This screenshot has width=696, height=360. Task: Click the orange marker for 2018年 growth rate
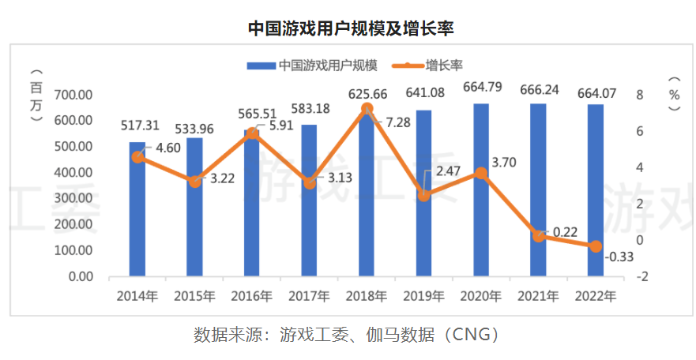tap(367, 109)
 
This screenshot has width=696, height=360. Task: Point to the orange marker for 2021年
tap(539, 236)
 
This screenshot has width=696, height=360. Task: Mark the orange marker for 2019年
tap(424, 195)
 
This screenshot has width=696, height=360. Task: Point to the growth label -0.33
tap(619, 257)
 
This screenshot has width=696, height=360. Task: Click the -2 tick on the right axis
tap(644, 276)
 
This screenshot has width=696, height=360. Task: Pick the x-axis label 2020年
tap(481, 297)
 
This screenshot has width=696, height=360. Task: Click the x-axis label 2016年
tap(252, 297)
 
